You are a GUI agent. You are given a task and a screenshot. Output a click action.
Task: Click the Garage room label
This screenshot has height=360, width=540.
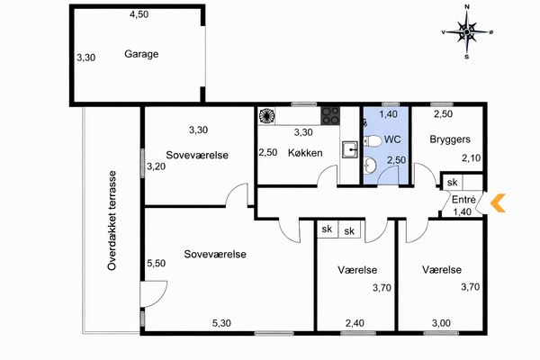(141, 54)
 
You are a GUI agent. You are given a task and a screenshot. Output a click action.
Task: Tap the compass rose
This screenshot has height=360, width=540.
(467, 31)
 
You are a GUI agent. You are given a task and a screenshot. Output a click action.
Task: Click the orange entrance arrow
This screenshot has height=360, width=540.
(498, 202)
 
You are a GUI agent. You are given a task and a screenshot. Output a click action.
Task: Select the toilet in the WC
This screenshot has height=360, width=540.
(372, 140)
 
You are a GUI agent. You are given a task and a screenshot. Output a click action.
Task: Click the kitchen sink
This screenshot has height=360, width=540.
(350, 149)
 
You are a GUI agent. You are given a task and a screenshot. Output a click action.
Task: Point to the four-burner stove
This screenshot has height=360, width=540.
(330, 116)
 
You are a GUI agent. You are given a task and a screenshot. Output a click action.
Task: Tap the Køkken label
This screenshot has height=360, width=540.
(305, 153)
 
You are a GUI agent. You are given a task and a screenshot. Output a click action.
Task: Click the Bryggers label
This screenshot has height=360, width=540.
(450, 139)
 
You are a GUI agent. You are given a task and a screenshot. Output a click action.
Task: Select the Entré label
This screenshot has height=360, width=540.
(463, 200)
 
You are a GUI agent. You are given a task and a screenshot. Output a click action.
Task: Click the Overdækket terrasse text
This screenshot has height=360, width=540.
(112, 220)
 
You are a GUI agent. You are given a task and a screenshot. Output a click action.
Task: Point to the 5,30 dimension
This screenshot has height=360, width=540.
(221, 323)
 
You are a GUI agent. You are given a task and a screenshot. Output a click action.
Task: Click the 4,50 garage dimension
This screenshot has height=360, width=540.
(139, 14)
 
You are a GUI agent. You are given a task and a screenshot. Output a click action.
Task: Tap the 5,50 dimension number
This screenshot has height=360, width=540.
(157, 263)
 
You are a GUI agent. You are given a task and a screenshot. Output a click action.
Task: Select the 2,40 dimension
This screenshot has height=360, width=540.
(355, 323)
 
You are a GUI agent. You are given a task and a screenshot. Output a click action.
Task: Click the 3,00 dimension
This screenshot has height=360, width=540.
(441, 323)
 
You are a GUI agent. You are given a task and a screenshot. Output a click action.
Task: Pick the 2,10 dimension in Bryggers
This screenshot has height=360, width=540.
(471, 158)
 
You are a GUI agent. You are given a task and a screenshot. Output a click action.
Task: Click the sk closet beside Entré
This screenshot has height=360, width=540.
(452, 182)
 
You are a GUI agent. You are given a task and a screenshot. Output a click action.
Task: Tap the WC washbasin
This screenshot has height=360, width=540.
(370, 165)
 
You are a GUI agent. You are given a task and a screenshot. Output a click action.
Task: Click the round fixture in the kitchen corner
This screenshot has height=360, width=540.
(266, 116)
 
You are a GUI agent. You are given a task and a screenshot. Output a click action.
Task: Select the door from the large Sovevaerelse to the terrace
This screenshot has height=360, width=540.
(154, 294)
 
